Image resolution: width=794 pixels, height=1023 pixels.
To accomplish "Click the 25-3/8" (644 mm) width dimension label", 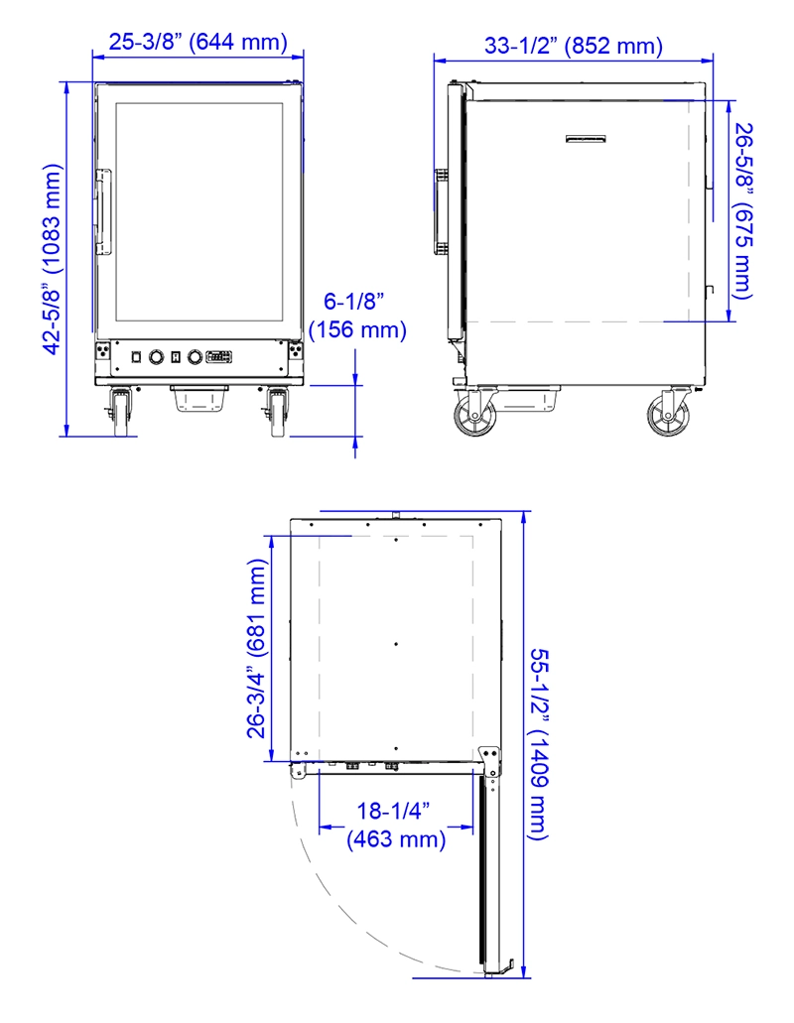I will [x=198, y=43].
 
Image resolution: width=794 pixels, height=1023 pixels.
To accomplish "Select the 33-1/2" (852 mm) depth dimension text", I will [x=574, y=46].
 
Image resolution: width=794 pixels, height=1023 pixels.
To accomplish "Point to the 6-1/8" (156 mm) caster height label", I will [x=357, y=316].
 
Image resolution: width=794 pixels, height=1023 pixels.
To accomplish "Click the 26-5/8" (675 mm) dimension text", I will [x=743, y=210].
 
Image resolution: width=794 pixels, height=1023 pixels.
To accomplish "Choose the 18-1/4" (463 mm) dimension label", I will [x=395, y=825].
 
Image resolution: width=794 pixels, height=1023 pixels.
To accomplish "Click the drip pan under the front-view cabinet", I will [x=199, y=397].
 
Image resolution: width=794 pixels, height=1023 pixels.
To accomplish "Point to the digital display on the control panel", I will [x=219, y=356].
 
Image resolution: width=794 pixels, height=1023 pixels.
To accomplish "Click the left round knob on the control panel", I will [x=156, y=356].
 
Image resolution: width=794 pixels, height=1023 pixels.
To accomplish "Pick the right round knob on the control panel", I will [x=195, y=356].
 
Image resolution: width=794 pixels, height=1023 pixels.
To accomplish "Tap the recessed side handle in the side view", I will [x=586, y=140].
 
